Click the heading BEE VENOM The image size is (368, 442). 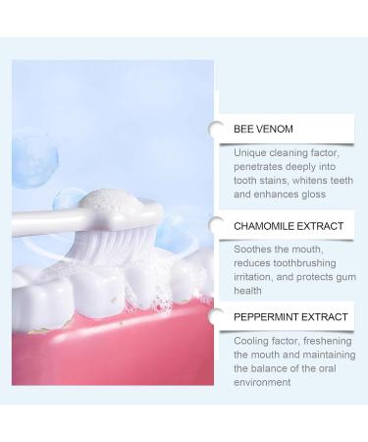(263, 129)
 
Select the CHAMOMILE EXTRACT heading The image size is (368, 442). (289, 226)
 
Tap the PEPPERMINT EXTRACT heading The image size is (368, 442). (290, 317)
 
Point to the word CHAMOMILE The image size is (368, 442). (264, 226)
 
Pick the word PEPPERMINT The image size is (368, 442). (267, 317)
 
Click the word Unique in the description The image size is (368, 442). (250, 153)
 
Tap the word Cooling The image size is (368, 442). (252, 340)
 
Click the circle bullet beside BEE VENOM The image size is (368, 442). (216, 128)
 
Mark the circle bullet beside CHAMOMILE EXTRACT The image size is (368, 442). (216, 226)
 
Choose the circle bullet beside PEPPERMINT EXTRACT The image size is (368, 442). (216, 316)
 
